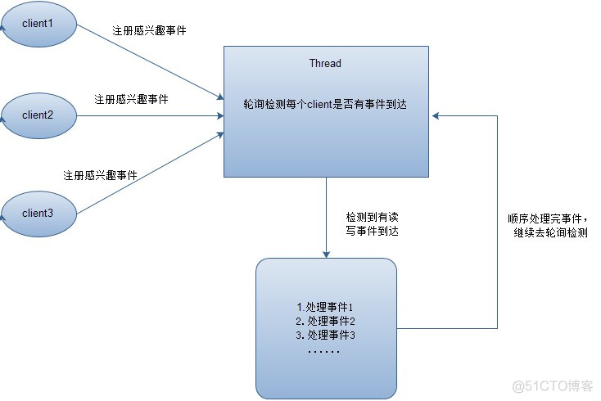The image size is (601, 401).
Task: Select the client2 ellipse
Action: coord(38,115)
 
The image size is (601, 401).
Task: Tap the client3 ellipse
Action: coord(38,213)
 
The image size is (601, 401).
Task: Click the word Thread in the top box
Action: coord(325,63)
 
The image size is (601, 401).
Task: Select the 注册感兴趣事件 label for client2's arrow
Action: coord(131,99)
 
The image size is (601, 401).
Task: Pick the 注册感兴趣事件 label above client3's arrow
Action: coord(100,175)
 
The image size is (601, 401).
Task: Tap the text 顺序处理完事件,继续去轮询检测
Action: coord(548,226)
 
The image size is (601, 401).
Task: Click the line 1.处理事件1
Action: coord(325,306)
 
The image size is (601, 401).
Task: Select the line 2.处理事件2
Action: coord(325,321)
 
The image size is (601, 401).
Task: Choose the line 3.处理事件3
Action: coord(325,336)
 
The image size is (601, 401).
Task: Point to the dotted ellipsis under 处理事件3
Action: coord(325,350)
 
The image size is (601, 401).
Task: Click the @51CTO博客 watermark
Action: coord(553,385)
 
